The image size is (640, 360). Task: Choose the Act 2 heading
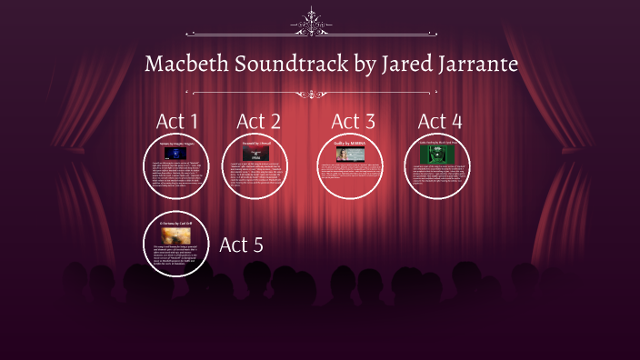coord(258,121)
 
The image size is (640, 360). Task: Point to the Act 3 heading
coord(353,121)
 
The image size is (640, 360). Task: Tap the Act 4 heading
coord(439,121)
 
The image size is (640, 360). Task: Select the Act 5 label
coord(241,245)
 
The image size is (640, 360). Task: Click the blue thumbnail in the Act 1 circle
coord(175,154)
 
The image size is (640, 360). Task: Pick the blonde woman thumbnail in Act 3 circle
coord(350,155)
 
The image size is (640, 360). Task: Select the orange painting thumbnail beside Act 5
coord(175,234)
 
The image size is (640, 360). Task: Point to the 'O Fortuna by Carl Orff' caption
coord(175,222)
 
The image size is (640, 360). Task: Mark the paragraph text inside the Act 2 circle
coord(257,175)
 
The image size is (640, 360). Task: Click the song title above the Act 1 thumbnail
coord(175,144)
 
